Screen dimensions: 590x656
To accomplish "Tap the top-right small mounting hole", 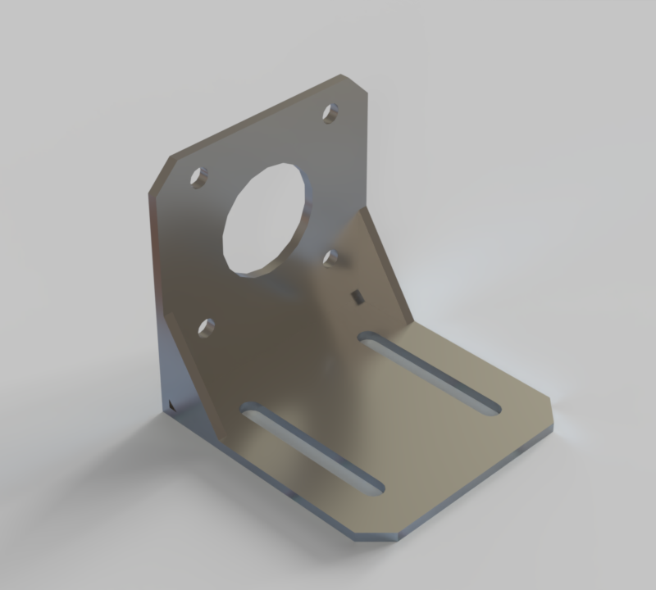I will click(x=330, y=112).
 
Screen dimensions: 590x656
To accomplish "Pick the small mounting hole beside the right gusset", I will click(x=331, y=258).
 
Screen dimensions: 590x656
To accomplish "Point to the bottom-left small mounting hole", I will click(x=207, y=329).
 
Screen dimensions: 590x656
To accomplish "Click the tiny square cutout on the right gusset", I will click(x=356, y=296).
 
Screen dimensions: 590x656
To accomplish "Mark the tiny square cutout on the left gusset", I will click(x=171, y=404).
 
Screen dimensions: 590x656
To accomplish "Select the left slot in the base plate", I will click(x=312, y=447).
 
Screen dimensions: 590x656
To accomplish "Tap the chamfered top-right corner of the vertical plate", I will click(x=354, y=84).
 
